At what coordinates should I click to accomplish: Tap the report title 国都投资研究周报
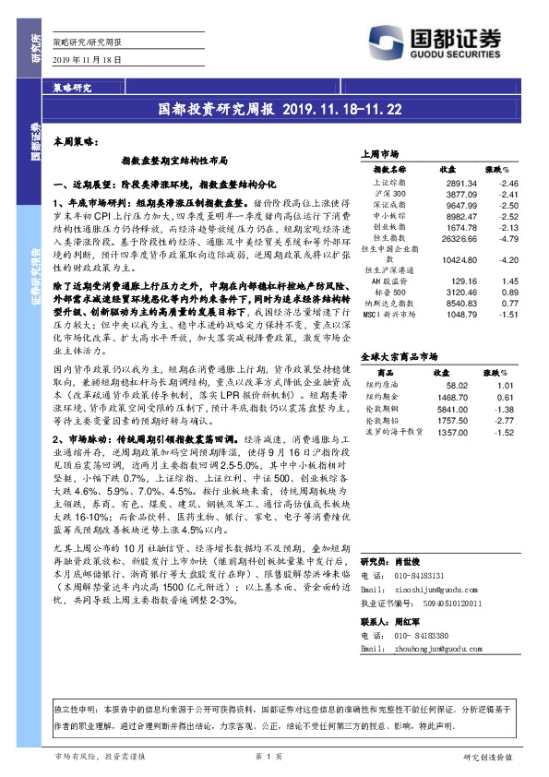(217, 108)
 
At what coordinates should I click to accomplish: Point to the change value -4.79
(496, 238)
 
